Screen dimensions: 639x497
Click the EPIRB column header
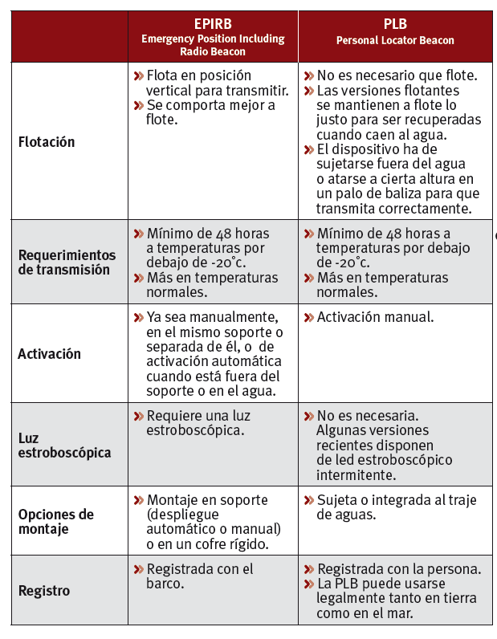213,23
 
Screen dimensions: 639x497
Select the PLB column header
394,24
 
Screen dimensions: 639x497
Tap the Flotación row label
46,142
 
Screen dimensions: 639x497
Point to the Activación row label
49,354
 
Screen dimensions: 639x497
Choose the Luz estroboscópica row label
64,446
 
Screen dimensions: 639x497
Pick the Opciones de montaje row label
55,522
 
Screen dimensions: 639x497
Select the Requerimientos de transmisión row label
67,263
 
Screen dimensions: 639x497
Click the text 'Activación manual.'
375,317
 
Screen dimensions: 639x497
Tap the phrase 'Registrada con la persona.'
399,569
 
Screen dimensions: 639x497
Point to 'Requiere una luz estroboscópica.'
198,423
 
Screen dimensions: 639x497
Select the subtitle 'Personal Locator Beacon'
394,40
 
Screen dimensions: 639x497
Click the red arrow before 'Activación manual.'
309,317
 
